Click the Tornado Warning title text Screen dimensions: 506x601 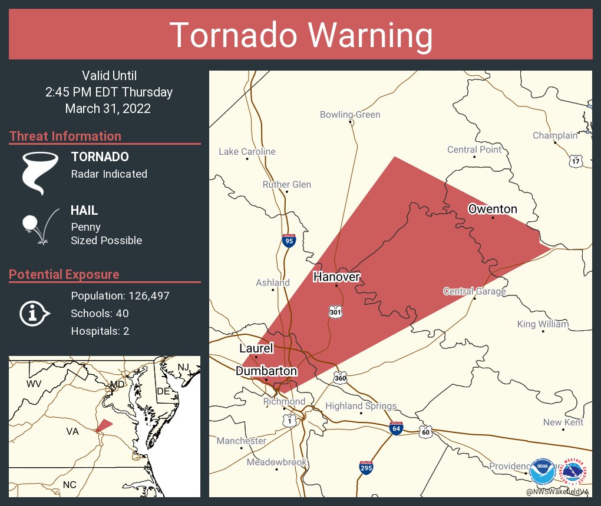pos(300,35)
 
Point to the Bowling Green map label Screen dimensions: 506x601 pos(350,115)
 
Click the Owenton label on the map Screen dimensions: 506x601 pos(493,209)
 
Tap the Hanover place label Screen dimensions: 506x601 pos(336,277)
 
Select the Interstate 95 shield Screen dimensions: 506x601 pos(288,241)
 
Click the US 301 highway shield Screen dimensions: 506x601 pos(335,312)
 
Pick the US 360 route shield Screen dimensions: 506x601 pos(339,377)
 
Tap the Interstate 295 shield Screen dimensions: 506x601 pos(366,468)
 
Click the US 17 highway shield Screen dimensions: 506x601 pos(576,160)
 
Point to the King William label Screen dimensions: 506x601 pos(543,324)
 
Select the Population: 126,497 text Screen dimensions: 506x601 pos(120,296)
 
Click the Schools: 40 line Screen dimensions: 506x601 pos(100,314)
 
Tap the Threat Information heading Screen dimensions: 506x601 pos(65,137)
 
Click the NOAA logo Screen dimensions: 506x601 pos(542,471)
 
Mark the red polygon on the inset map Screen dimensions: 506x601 pos(104,425)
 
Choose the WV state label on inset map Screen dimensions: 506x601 pos(34,384)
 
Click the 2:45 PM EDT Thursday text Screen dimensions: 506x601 pos(109,92)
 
